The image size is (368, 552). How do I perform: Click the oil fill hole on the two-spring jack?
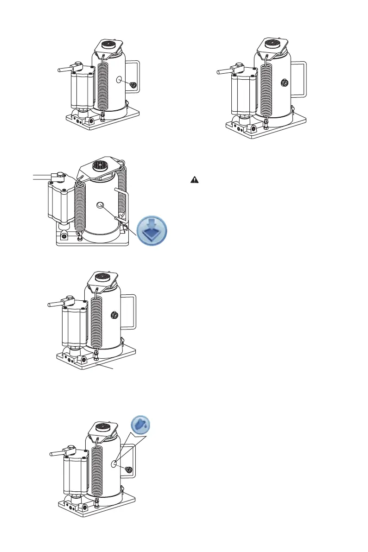tap(99, 205)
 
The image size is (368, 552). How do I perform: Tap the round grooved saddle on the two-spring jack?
tap(99, 165)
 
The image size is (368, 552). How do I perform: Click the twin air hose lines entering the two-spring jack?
tap(44, 176)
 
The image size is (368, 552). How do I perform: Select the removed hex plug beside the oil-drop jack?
tap(129, 470)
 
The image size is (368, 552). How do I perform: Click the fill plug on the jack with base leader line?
tap(113, 316)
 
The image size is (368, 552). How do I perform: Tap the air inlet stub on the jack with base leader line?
tap(57, 304)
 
